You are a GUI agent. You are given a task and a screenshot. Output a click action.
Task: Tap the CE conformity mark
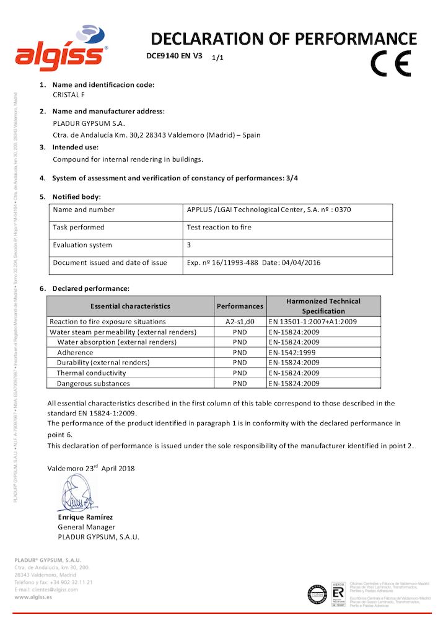pyautogui.click(x=390, y=63)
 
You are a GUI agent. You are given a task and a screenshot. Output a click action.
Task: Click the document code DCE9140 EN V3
pyautogui.click(x=174, y=56)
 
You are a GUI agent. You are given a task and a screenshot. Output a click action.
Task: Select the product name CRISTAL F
pyautogui.click(x=69, y=95)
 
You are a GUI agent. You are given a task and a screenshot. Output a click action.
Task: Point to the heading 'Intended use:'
pyautogui.click(x=76, y=148)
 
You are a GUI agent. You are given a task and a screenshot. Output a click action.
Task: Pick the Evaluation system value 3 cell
pyautogui.click(x=189, y=245)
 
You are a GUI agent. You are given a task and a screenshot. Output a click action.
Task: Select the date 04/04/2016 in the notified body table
pyautogui.click(x=302, y=263)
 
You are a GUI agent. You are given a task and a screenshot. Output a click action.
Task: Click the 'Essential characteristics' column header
pyautogui.click(x=130, y=306)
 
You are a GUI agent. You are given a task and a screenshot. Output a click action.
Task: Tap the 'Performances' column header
pyautogui.click(x=240, y=306)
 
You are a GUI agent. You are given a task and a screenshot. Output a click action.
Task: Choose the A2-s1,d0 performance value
pyautogui.click(x=240, y=322)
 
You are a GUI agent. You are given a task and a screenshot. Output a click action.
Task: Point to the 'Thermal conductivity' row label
pyautogui.click(x=91, y=373)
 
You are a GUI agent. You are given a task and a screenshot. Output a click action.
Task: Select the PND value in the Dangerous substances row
pyautogui.click(x=240, y=384)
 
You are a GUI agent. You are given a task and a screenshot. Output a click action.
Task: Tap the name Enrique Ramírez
pyautogui.click(x=85, y=517)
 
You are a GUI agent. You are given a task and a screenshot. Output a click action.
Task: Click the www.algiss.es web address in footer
pyautogui.click(x=33, y=596)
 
